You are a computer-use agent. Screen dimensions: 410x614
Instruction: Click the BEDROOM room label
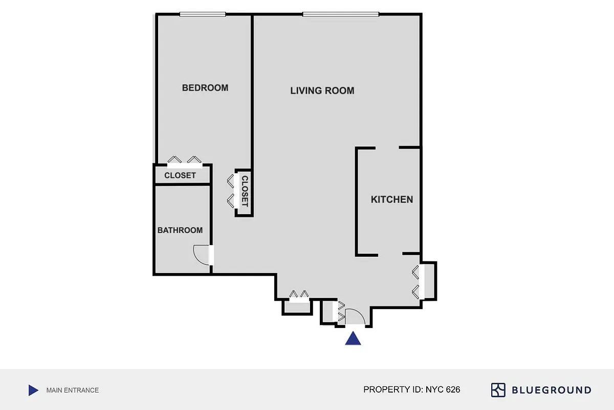click(x=205, y=88)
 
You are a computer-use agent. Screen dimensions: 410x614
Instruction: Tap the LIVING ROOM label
click(x=322, y=91)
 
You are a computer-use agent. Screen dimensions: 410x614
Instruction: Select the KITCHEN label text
click(x=392, y=199)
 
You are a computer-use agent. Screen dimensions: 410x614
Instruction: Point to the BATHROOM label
click(x=180, y=230)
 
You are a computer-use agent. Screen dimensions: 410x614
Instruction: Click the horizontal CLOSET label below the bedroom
click(x=180, y=175)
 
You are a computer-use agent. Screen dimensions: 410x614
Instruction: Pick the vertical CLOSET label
click(x=245, y=191)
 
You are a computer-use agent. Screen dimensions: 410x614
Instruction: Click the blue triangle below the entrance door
click(x=353, y=339)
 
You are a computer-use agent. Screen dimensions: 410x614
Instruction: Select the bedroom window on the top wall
click(x=202, y=14)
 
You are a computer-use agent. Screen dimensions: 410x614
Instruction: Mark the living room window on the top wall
click(x=341, y=14)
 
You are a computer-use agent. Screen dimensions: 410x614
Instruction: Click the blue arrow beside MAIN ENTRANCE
click(x=33, y=391)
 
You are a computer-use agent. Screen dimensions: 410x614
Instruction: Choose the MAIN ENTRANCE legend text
click(x=73, y=390)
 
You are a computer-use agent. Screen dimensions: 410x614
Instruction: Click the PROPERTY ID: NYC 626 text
click(x=412, y=389)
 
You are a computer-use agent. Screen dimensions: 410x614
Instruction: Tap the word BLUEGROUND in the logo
click(x=552, y=390)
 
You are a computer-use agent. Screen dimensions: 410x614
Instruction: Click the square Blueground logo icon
click(x=498, y=390)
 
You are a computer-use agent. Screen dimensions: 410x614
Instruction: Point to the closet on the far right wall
click(x=429, y=281)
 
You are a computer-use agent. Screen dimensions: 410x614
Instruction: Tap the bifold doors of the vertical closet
click(x=231, y=190)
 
